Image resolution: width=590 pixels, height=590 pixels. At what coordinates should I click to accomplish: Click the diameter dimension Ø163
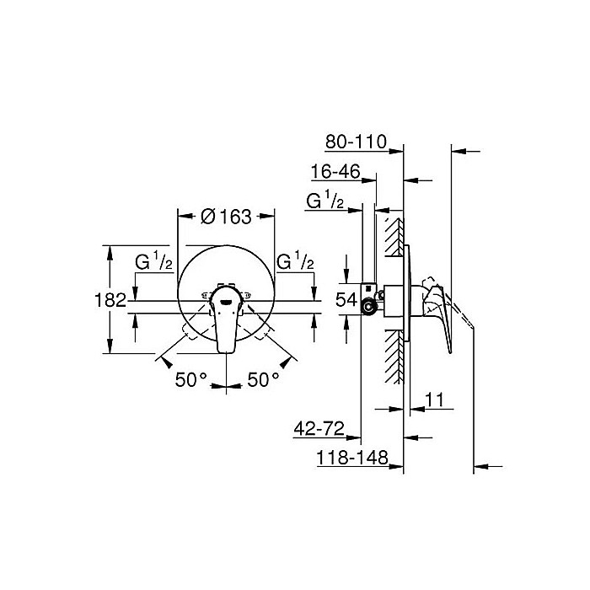point(226,217)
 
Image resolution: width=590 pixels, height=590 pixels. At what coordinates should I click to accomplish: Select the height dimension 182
point(110,299)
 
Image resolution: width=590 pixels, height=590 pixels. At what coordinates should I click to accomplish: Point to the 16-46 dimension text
point(335,172)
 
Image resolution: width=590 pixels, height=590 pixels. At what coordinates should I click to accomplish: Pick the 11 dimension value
point(435,402)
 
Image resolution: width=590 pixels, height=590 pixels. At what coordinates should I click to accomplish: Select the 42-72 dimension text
point(319,431)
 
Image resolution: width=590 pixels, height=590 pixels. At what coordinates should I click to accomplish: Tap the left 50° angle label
point(191,379)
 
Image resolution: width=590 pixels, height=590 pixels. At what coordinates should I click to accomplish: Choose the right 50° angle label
point(264,379)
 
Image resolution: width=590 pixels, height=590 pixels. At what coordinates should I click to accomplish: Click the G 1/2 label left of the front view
point(154,262)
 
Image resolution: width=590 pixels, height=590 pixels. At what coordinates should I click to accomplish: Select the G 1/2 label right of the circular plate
point(296,262)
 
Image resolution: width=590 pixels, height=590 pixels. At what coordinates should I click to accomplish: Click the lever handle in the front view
point(226,324)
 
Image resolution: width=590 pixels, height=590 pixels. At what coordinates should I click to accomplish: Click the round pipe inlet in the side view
point(368,308)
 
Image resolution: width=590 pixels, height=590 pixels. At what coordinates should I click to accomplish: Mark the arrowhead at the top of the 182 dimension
point(109,249)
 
